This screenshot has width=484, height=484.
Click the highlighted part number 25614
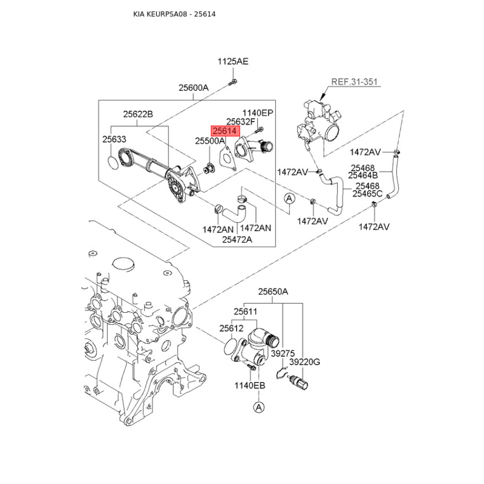coord(225,131)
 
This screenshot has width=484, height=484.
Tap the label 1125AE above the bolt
coord(233,62)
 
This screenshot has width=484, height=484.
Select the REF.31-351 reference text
coord(355,82)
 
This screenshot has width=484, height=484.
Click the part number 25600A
coord(194,88)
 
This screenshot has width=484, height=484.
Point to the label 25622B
coord(138,114)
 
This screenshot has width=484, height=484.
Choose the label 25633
coord(114,139)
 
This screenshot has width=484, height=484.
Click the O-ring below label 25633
coord(113,163)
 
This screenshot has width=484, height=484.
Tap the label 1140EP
coord(258,113)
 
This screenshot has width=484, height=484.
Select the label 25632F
coord(241,122)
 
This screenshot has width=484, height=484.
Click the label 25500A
coord(210,141)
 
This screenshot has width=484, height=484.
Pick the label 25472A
coord(237,240)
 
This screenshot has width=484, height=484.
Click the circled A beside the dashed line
coord(289,198)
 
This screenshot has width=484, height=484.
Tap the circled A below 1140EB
coord(259,407)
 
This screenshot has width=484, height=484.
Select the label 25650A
coord(273,292)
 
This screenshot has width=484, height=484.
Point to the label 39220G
coord(305,362)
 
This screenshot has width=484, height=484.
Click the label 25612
coord(232,329)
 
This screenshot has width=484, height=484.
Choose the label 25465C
coord(367,194)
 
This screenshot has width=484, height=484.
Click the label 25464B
coord(363,175)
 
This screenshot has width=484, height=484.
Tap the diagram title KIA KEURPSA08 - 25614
coord(174,14)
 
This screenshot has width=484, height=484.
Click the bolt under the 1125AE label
coord(232,82)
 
